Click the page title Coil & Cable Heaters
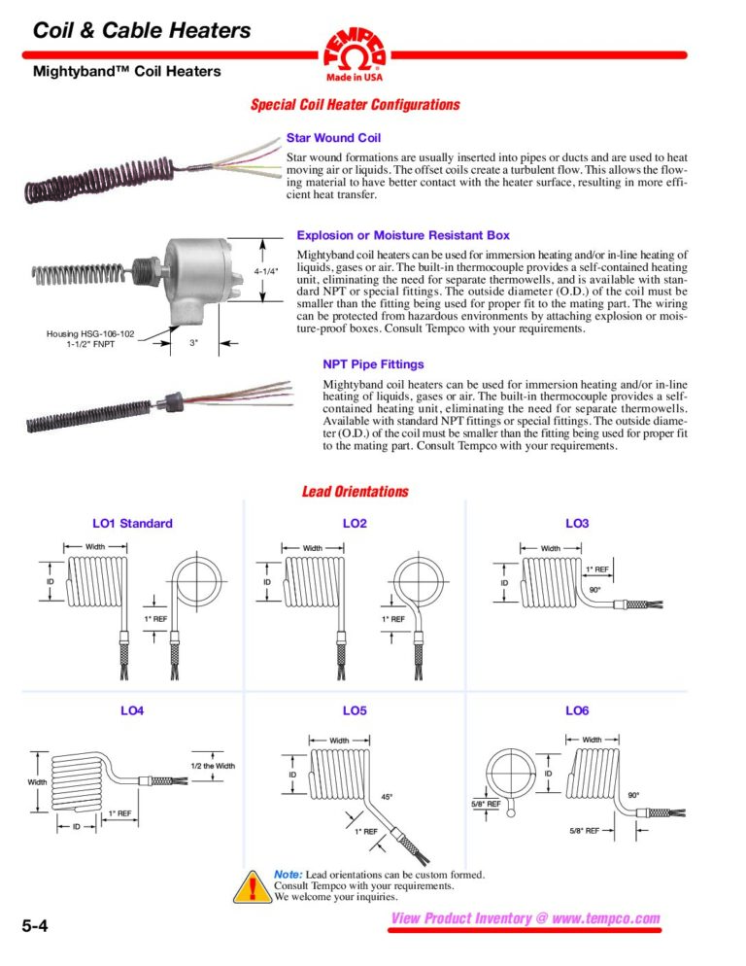click(142, 30)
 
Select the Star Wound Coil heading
click(333, 138)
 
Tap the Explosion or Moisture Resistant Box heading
click(402, 235)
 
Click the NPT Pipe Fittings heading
click(373, 364)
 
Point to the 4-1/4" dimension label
click(267, 271)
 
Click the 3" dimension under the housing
click(192, 343)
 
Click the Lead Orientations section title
click(356, 492)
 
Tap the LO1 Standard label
click(132, 524)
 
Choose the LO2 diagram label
click(355, 524)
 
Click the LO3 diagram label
click(577, 524)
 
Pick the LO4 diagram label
click(132, 710)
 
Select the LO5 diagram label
click(355, 710)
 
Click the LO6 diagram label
click(577, 710)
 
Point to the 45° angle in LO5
click(387, 797)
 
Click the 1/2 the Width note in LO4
click(212, 766)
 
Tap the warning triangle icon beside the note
click(254, 887)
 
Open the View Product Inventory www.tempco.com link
click(525, 918)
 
